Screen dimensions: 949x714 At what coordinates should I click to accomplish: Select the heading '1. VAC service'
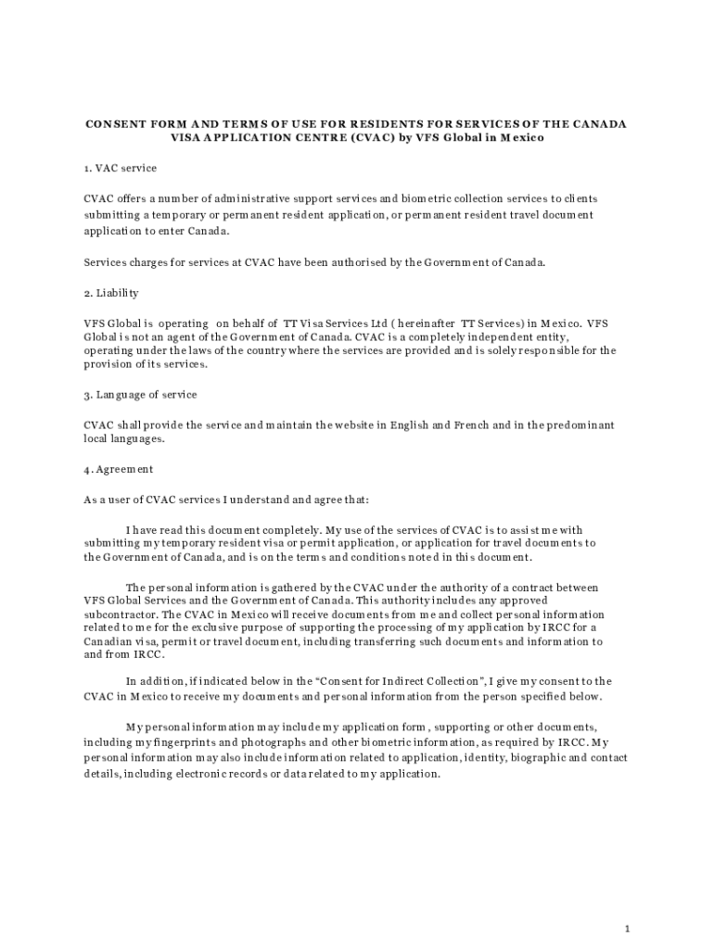click(x=120, y=168)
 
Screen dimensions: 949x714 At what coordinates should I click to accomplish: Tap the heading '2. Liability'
click(x=111, y=293)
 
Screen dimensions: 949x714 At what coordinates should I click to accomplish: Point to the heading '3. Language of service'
click(x=140, y=395)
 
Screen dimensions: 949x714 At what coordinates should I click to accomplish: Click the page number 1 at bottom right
click(x=628, y=902)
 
